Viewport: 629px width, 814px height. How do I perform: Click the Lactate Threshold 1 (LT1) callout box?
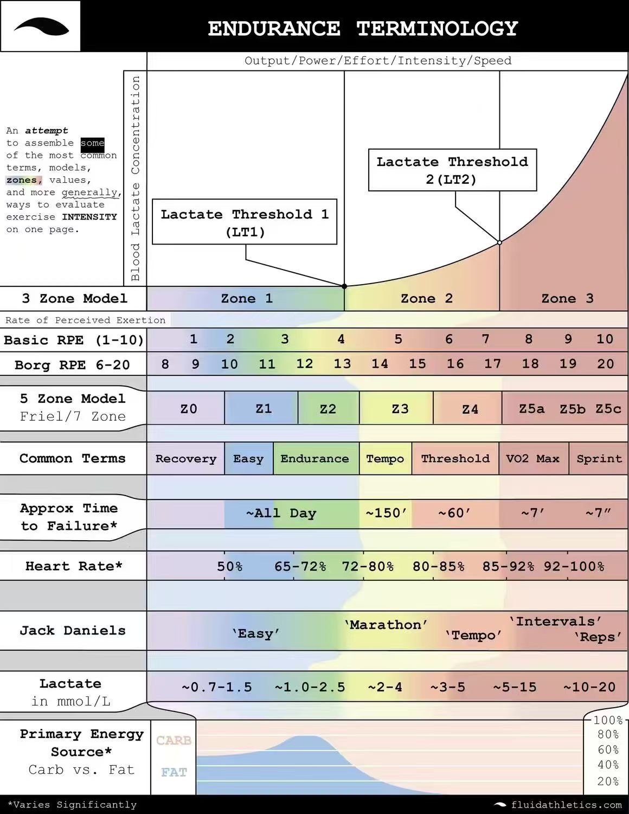[x=245, y=222]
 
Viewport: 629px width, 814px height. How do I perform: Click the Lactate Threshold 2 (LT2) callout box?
[x=452, y=170]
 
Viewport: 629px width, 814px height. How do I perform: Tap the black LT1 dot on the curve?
[x=344, y=286]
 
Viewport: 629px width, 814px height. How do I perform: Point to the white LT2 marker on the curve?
[x=499, y=242]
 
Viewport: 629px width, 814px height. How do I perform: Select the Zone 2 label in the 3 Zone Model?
[x=426, y=298]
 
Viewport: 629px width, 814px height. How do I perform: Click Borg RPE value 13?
[x=342, y=364]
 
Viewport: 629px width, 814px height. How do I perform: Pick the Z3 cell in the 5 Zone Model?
[x=400, y=409]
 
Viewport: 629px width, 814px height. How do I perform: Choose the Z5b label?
[x=573, y=409]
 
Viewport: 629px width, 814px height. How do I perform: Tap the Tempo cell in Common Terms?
[x=385, y=459]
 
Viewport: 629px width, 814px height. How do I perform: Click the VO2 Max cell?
[x=532, y=459]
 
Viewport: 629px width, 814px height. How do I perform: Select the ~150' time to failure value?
[x=386, y=513]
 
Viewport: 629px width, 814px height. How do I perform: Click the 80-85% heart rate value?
[x=438, y=567]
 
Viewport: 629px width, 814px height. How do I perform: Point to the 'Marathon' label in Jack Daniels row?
[x=386, y=625]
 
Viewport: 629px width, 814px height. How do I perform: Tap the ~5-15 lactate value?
[x=515, y=687]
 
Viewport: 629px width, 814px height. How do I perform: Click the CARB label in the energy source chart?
[x=174, y=740]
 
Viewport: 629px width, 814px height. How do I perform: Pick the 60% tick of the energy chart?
[x=608, y=750]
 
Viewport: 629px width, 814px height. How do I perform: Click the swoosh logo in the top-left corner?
[x=41, y=26]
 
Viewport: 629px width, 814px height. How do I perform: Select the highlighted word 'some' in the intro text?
[x=92, y=143]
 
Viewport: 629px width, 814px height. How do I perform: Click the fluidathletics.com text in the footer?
[x=566, y=805]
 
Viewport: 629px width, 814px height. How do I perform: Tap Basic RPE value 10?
[x=605, y=339]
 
